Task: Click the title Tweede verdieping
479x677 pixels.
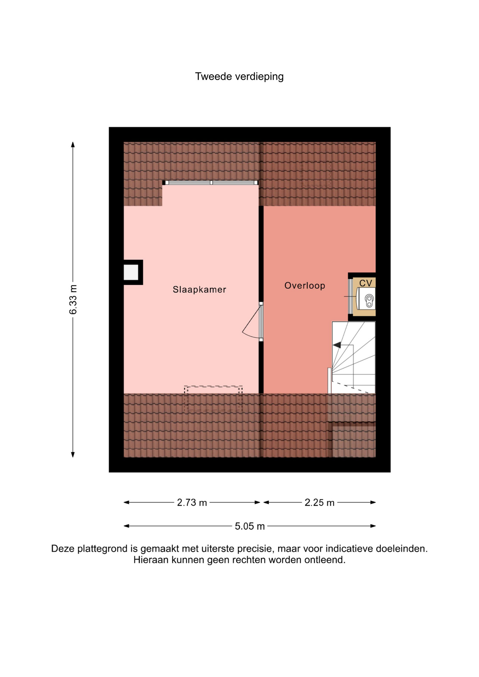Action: point(239,77)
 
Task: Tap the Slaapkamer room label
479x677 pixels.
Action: point(199,289)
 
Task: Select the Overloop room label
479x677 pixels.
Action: point(305,286)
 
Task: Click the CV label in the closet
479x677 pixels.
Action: point(366,283)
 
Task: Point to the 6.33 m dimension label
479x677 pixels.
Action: point(73,299)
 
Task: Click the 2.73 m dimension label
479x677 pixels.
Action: point(192,502)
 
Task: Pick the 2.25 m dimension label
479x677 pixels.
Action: point(320,502)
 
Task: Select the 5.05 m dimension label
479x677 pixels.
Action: point(250,526)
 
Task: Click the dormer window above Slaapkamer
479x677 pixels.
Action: point(211,183)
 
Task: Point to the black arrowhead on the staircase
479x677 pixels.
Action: point(337,345)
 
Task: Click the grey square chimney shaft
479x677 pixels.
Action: point(131,272)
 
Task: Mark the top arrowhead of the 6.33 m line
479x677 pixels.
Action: point(73,144)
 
